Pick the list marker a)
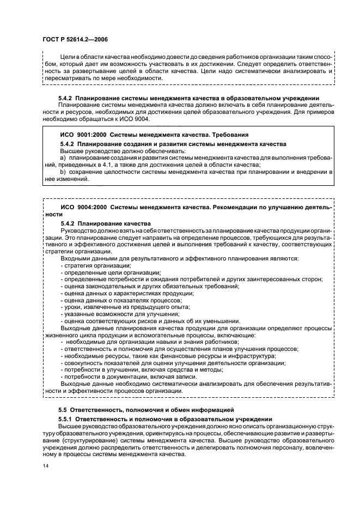[63, 157]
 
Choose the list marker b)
[63, 172]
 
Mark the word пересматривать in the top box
[69, 77]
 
